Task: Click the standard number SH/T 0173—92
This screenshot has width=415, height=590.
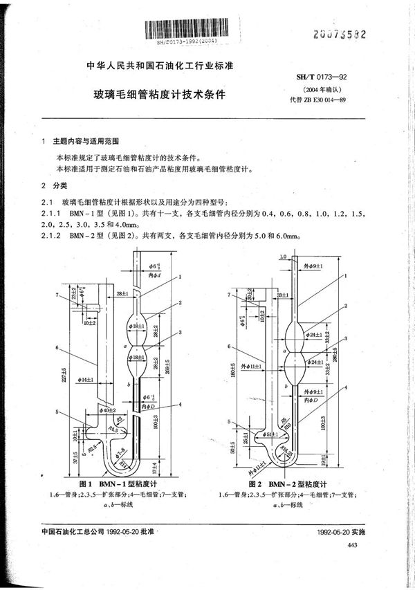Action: [318, 82]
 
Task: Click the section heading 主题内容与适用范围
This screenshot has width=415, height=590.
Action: [86, 142]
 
